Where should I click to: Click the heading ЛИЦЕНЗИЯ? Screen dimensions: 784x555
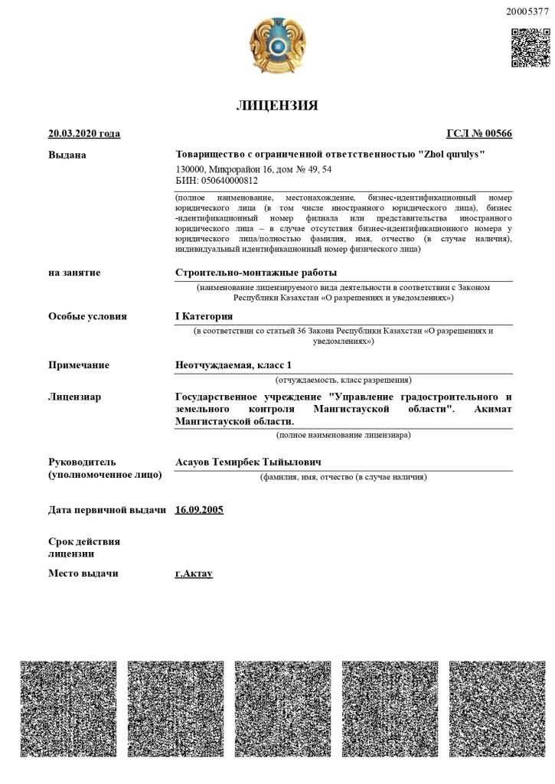click(276, 106)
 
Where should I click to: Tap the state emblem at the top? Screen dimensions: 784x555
click(276, 47)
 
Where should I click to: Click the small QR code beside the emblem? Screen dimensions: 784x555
click(531, 47)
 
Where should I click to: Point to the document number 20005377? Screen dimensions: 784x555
click(527, 11)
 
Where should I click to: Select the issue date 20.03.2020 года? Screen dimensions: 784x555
click(84, 134)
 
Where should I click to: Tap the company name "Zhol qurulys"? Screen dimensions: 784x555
click(451, 155)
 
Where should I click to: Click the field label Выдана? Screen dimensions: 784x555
click(67, 155)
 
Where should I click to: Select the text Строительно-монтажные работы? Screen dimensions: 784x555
click(256, 273)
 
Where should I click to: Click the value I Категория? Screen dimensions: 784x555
click(204, 316)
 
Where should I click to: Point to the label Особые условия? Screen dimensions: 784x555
click(87, 316)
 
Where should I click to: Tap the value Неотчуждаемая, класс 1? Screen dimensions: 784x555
click(234, 365)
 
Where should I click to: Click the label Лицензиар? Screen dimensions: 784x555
click(75, 397)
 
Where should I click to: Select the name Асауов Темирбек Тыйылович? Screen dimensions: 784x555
click(248, 462)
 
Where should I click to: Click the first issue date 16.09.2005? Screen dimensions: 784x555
click(199, 509)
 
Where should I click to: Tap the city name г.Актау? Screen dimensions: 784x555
click(194, 573)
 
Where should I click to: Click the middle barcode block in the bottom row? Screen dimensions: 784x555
click(277, 709)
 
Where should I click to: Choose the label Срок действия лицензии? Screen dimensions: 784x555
click(84, 547)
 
